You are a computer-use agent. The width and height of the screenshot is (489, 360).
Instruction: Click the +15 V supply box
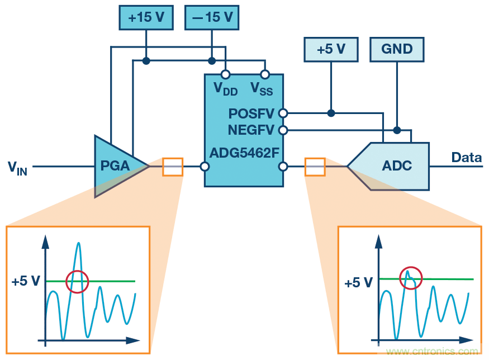point(146,17)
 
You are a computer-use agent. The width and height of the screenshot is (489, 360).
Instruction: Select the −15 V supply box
point(212,17)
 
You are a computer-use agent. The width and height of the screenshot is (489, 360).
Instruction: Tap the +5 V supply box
point(331,49)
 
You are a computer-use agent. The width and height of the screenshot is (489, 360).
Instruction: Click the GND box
point(397,49)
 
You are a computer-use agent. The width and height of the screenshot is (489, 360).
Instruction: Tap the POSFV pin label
point(251,114)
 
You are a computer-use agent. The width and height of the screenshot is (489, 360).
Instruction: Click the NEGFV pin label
point(251,130)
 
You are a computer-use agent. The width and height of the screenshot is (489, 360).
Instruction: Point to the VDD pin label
point(225,88)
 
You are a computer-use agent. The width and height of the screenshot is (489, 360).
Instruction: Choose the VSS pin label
point(261,88)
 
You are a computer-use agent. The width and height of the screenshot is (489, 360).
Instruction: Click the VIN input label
point(17,167)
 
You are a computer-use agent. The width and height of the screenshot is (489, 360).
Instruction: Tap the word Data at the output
point(466,158)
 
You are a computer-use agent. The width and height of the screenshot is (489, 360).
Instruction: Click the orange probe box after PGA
point(173,167)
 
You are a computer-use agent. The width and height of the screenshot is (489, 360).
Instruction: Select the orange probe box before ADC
point(315,167)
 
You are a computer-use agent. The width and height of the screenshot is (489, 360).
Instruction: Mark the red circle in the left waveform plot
point(77,281)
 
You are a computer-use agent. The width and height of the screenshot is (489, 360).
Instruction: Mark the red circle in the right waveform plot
point(411,277)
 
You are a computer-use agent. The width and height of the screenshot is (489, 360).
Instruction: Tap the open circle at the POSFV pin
point(283,113)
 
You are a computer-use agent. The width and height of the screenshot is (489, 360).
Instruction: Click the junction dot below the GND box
point(397,130)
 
